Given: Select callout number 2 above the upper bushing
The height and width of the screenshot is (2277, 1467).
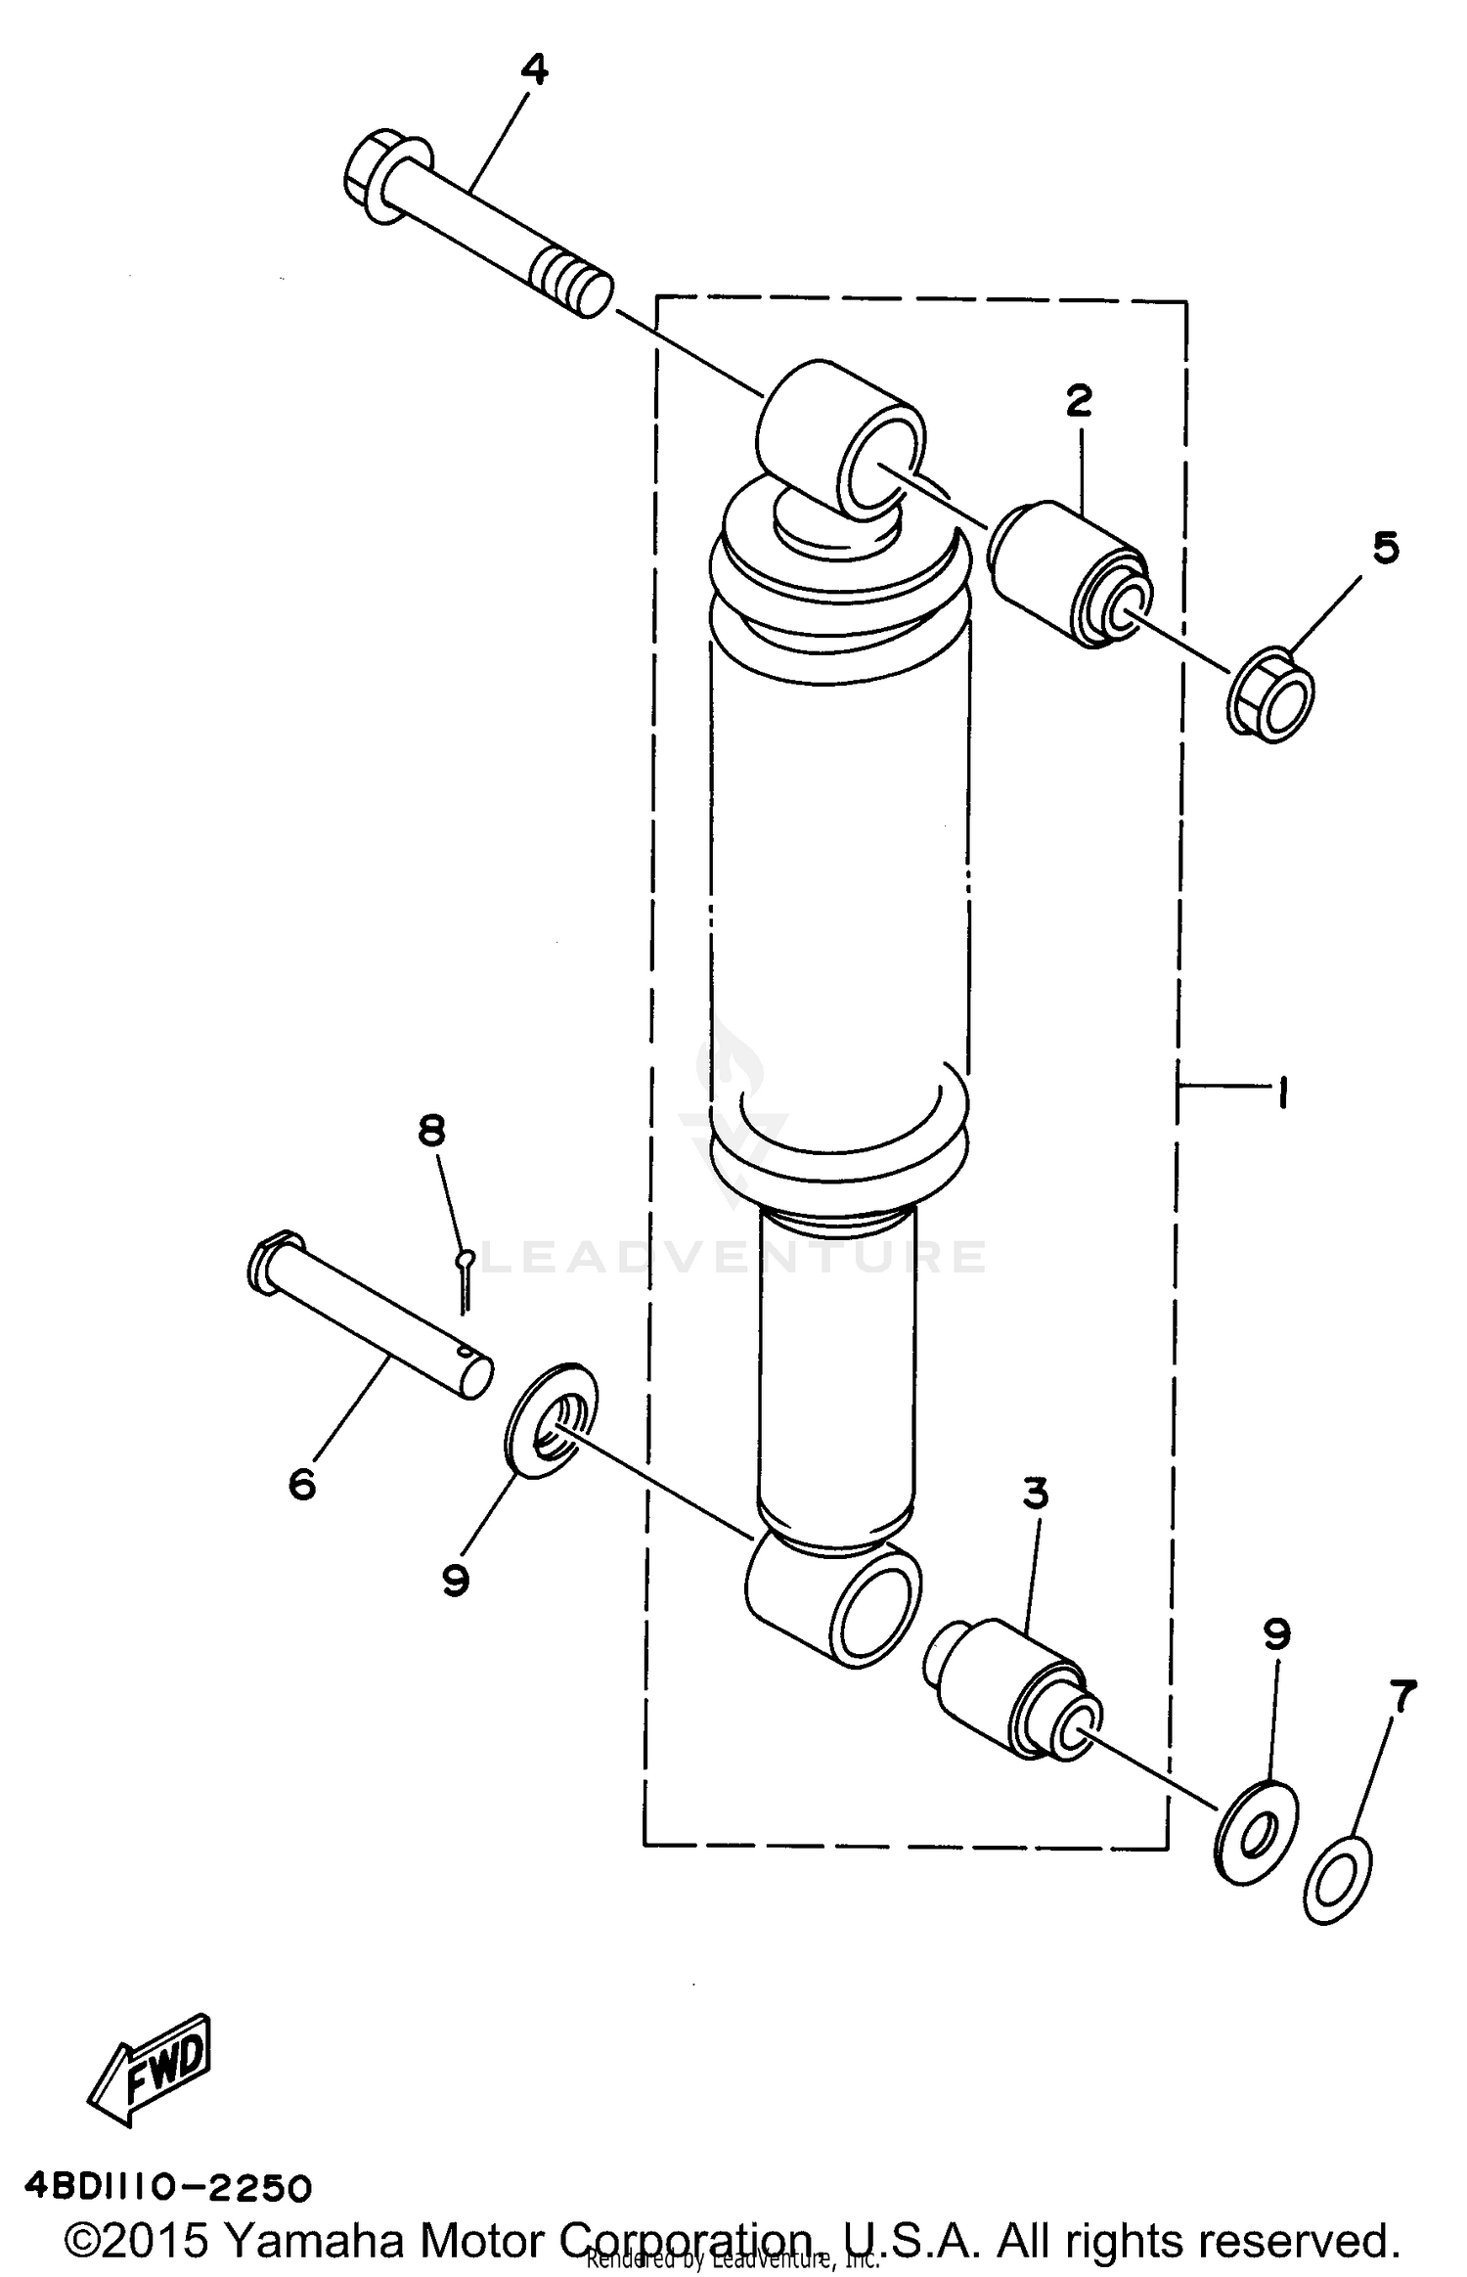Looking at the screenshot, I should point(1079,401).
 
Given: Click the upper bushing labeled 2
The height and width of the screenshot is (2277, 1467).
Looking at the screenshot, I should point(1071,575).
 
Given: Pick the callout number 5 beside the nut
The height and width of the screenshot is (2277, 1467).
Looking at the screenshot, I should point(1385,548).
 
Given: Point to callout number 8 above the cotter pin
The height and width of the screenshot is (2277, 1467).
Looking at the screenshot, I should point(431,1131).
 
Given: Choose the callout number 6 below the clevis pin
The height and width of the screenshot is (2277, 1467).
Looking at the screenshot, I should point(302,1484).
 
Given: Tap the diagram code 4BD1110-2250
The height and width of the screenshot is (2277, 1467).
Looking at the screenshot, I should point(168,2187).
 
